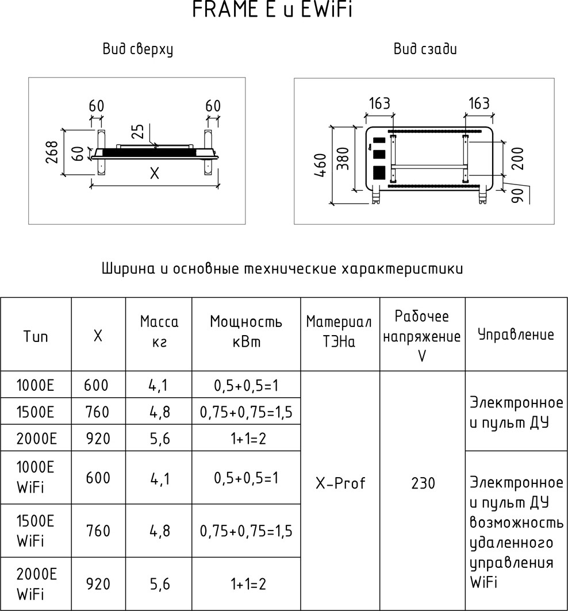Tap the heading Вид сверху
[138, 49]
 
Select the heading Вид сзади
[425, 49]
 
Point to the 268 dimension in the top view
[52, 152]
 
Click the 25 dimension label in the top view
[137, 132]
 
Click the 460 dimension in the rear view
[321, 166]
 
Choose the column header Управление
[516, 335]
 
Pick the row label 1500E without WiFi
[36, 412]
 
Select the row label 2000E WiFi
[36, 583]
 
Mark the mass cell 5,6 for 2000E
[158, 439]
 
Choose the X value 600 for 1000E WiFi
[97, 478]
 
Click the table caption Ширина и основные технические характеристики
[282, 269]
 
